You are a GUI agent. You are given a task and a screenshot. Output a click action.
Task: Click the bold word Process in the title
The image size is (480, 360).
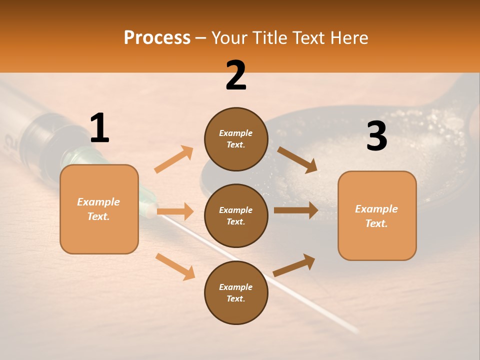click(x=157, y=38)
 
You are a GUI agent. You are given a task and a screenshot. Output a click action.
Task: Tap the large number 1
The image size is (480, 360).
click(x=99, y=128)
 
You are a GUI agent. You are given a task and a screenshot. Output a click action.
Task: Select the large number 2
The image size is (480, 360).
click(x=236, y=76)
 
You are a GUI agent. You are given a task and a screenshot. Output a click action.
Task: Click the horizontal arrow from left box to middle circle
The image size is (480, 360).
click(x=175, y=211)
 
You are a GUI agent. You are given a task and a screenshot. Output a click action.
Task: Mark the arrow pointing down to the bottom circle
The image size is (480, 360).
click(x=175, y=266)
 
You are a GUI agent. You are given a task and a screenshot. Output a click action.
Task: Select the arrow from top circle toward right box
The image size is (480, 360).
click(x=297, y=160)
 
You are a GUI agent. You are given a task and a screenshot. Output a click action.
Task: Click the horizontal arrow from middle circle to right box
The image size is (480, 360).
click(x=296, y=210)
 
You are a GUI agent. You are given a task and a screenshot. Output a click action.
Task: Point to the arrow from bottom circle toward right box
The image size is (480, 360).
click(x=294, y=265)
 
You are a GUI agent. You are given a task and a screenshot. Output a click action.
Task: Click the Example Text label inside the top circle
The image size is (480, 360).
click(x=236, y=139)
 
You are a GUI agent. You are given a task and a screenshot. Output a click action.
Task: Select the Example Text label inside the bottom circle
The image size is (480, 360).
click(x=236, y=293)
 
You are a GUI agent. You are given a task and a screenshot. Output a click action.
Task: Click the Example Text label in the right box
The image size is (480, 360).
click(x=376, y=216)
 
